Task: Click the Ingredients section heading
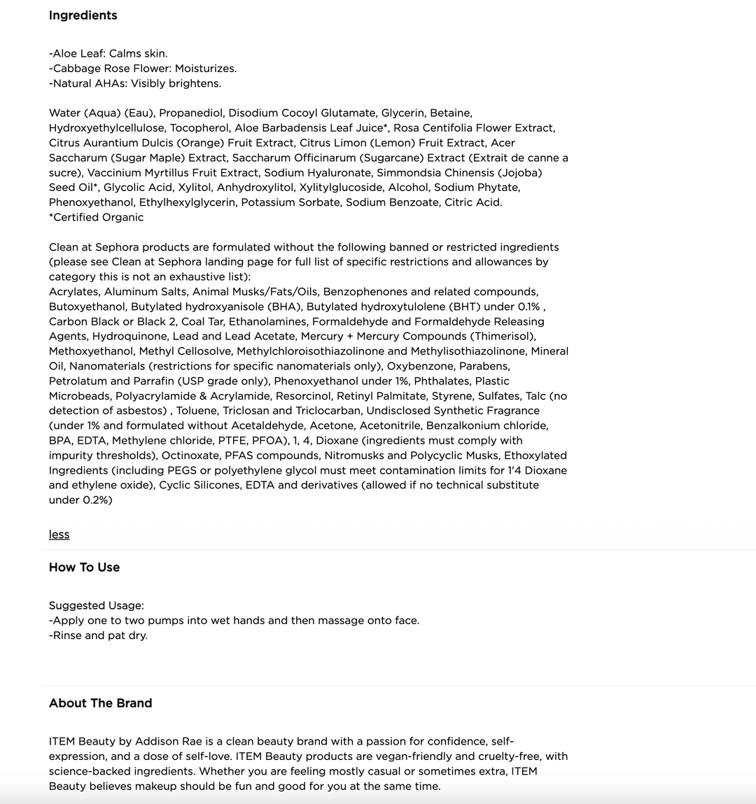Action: pos(83,15)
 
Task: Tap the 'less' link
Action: pos(59,535)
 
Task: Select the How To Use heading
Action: pos(84,567)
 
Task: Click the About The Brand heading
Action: pos(100,703)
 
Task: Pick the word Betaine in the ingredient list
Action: pos(450,113)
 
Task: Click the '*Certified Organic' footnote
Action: pos(96,218)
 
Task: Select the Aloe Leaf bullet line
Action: pos(108,54)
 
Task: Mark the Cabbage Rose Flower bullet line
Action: pos(142,69)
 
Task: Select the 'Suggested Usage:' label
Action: pos(96,606)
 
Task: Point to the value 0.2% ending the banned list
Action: pos(97,500)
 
